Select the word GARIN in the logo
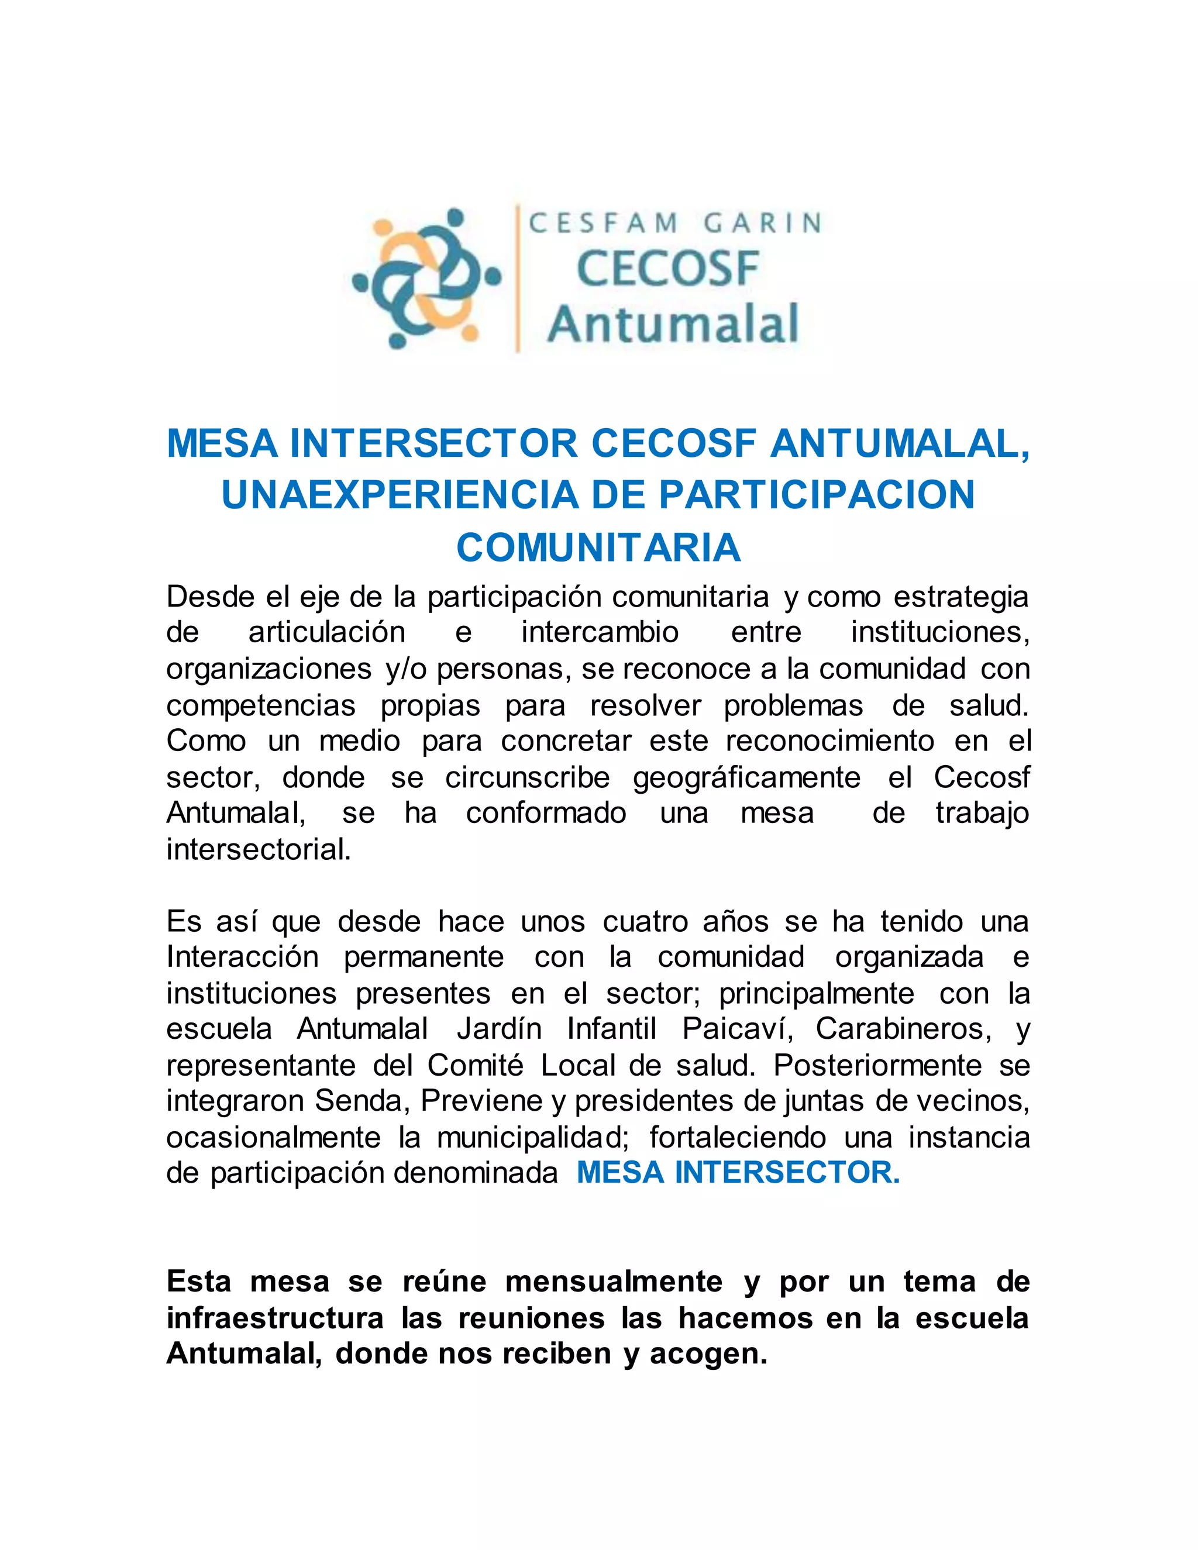762,223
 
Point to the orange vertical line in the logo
517,278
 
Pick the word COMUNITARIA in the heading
598,548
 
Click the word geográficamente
746,778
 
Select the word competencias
260,706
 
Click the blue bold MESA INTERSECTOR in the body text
738,1173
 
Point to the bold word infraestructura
275,1318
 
